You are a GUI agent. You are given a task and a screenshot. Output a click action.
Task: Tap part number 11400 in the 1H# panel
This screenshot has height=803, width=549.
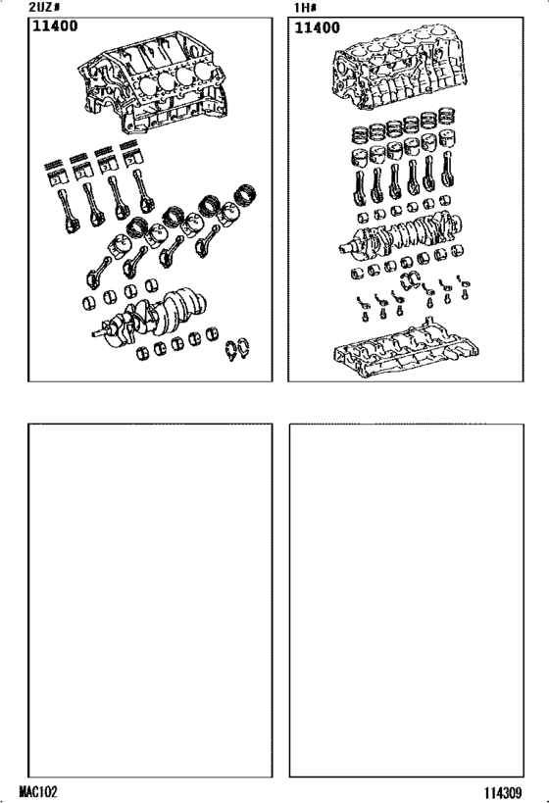click(317, 28)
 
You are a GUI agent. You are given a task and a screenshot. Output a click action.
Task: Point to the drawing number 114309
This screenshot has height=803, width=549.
click(507, 791)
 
